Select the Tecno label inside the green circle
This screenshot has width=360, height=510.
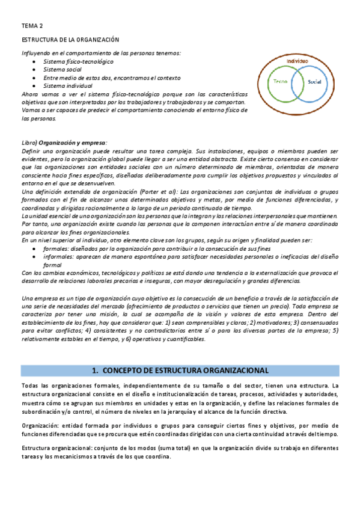280,81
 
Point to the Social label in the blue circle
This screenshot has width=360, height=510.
315,81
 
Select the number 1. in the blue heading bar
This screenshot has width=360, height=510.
96,370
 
